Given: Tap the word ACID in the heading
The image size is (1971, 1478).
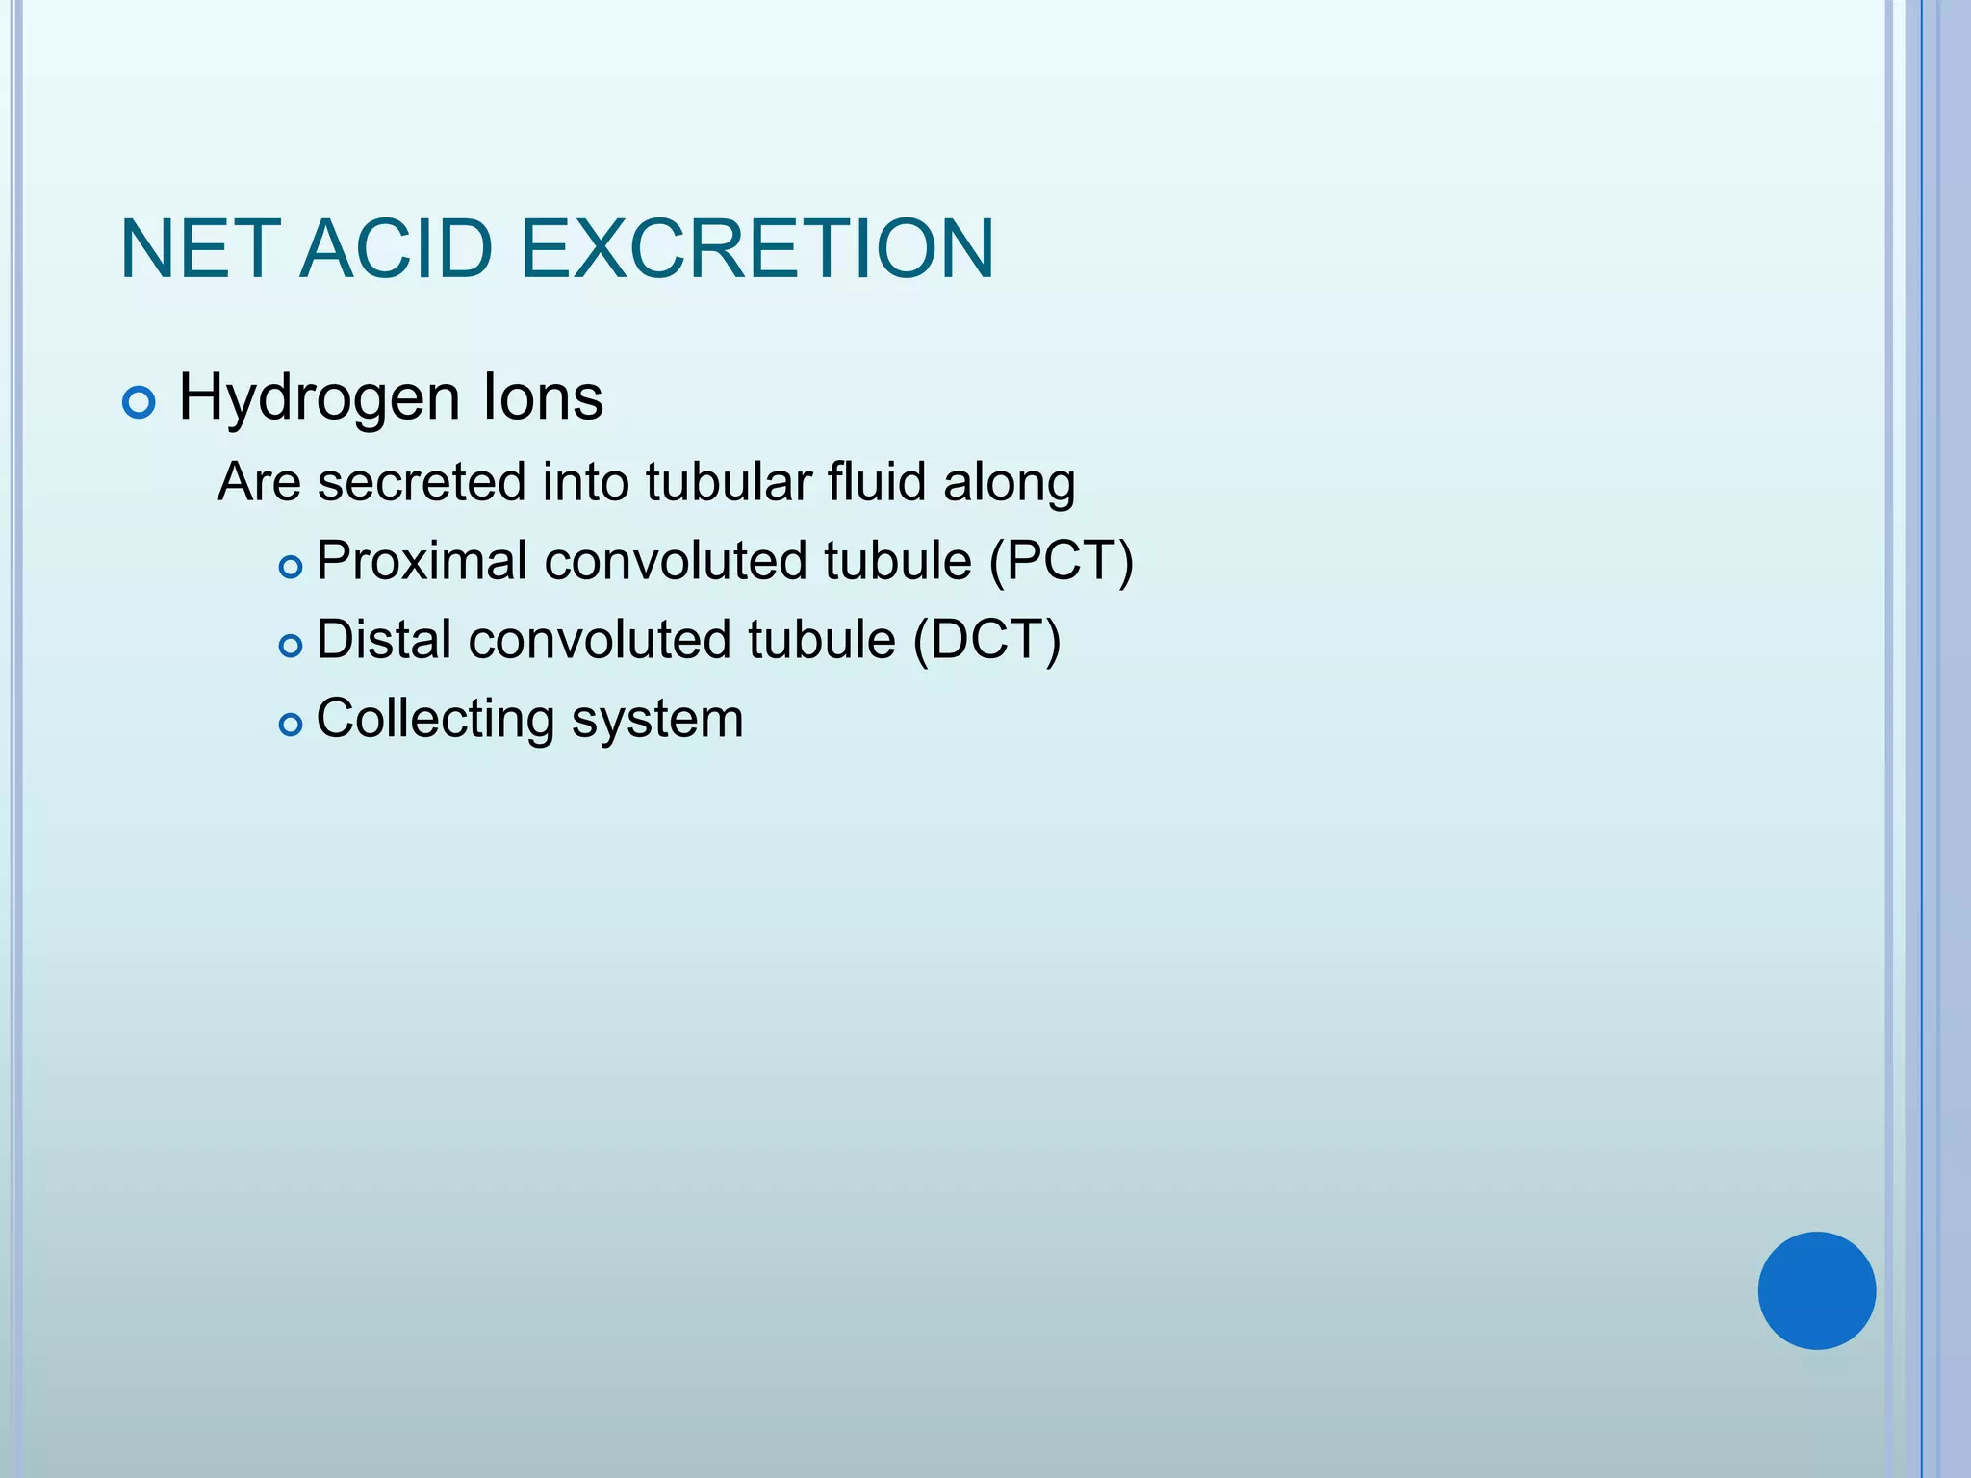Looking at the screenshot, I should tap(396, 249).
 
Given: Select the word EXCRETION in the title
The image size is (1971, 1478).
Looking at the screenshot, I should tap(756, 249).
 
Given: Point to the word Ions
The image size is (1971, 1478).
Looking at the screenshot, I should tap(542, 396).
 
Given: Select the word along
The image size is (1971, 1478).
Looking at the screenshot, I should tap(1009, 484).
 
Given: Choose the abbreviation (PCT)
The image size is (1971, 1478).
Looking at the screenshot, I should tap(1062, 562).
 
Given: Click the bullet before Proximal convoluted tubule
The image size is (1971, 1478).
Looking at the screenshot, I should tap(290, 568).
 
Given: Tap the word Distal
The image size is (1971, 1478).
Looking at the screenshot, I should tap(383, 640).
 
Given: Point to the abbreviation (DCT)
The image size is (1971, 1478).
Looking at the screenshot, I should tap(986, 641).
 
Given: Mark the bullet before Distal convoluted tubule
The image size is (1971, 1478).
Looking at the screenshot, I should tap(290, 647).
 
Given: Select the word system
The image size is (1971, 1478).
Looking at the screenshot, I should tap(657, 720).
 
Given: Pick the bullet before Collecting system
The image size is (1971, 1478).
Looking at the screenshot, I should tap(290, 726).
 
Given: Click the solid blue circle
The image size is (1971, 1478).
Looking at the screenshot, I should tap(1816, 1290).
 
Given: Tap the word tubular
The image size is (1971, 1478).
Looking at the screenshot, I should tap(729, 482).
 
